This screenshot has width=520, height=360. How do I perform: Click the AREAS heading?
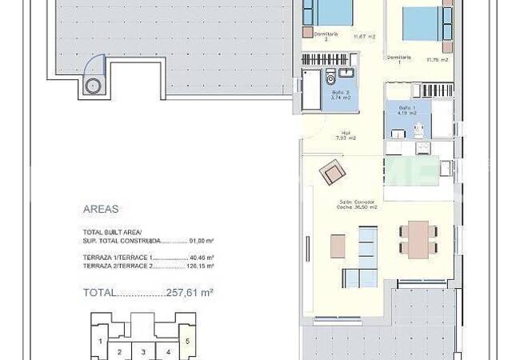tap(101, 210)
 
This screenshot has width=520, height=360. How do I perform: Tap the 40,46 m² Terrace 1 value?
tap(202, 258)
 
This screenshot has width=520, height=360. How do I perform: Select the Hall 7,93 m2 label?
tap(347, 135)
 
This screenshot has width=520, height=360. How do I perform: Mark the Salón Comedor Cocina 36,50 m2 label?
tap(357, 204)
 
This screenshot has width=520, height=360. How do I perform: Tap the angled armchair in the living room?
tap(331, 172)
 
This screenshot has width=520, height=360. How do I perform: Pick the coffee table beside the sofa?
tap(338, 243)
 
